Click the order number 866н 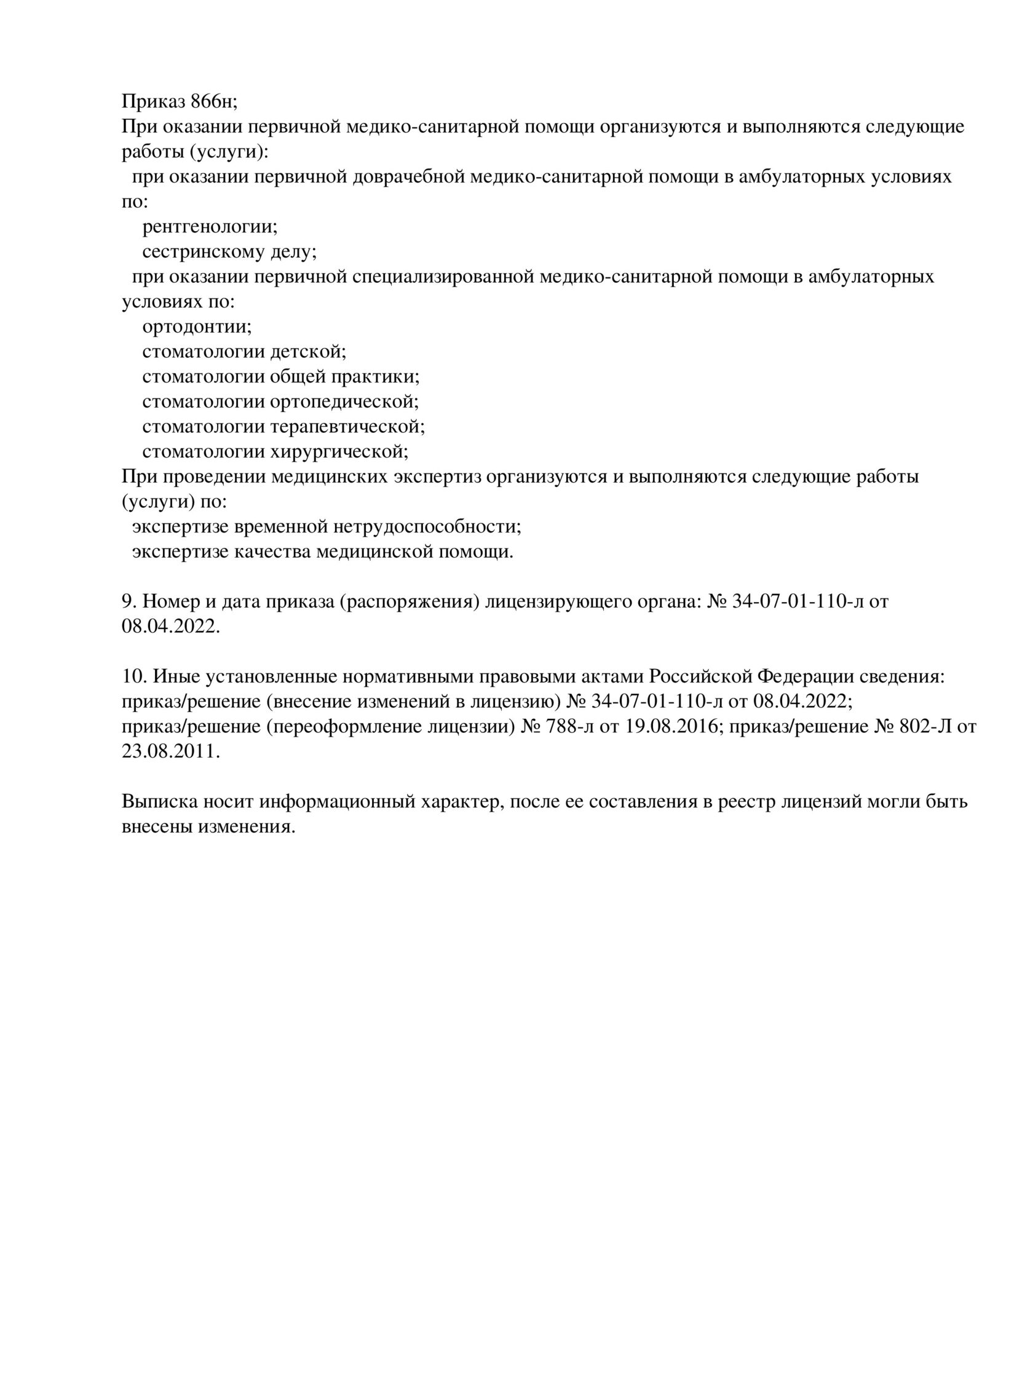click(215, 101)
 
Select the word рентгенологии click(210, 226)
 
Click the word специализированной click(443, 276)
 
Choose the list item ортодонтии click(196, 326)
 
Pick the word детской click(307, 351)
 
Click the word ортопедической click(344, 401)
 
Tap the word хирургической click(339, 451)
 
